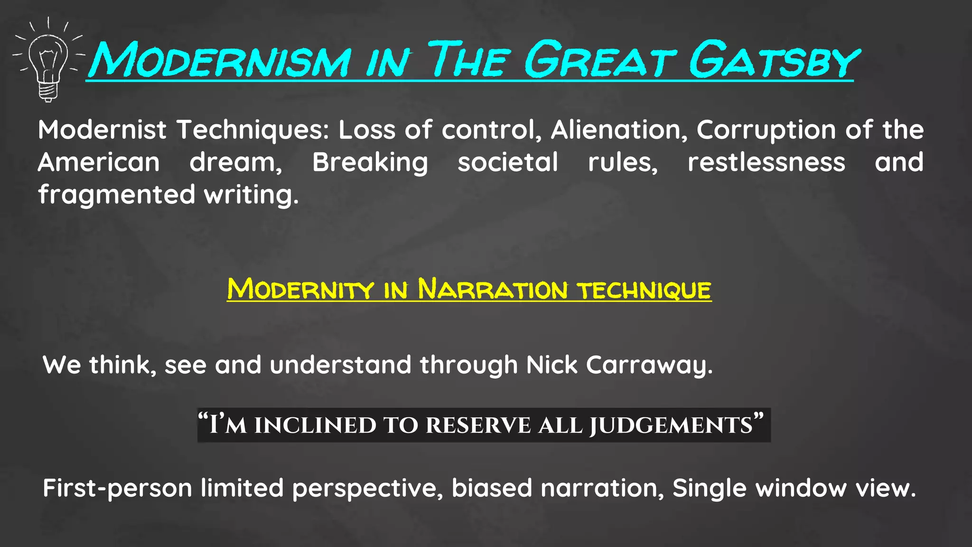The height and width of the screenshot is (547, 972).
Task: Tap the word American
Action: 99,162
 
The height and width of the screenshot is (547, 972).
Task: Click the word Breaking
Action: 370,162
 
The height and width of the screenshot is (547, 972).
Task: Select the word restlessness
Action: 766,162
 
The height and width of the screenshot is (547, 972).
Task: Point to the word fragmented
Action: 117,195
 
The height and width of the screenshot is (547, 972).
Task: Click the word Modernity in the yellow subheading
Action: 300,289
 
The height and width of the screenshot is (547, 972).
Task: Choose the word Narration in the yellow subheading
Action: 492,289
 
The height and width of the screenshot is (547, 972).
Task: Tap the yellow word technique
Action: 644,290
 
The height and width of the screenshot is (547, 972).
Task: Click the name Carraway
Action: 649,365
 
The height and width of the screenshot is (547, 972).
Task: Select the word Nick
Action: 552,365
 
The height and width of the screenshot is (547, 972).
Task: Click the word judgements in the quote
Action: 671,425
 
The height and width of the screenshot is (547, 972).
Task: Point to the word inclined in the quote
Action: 315,425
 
